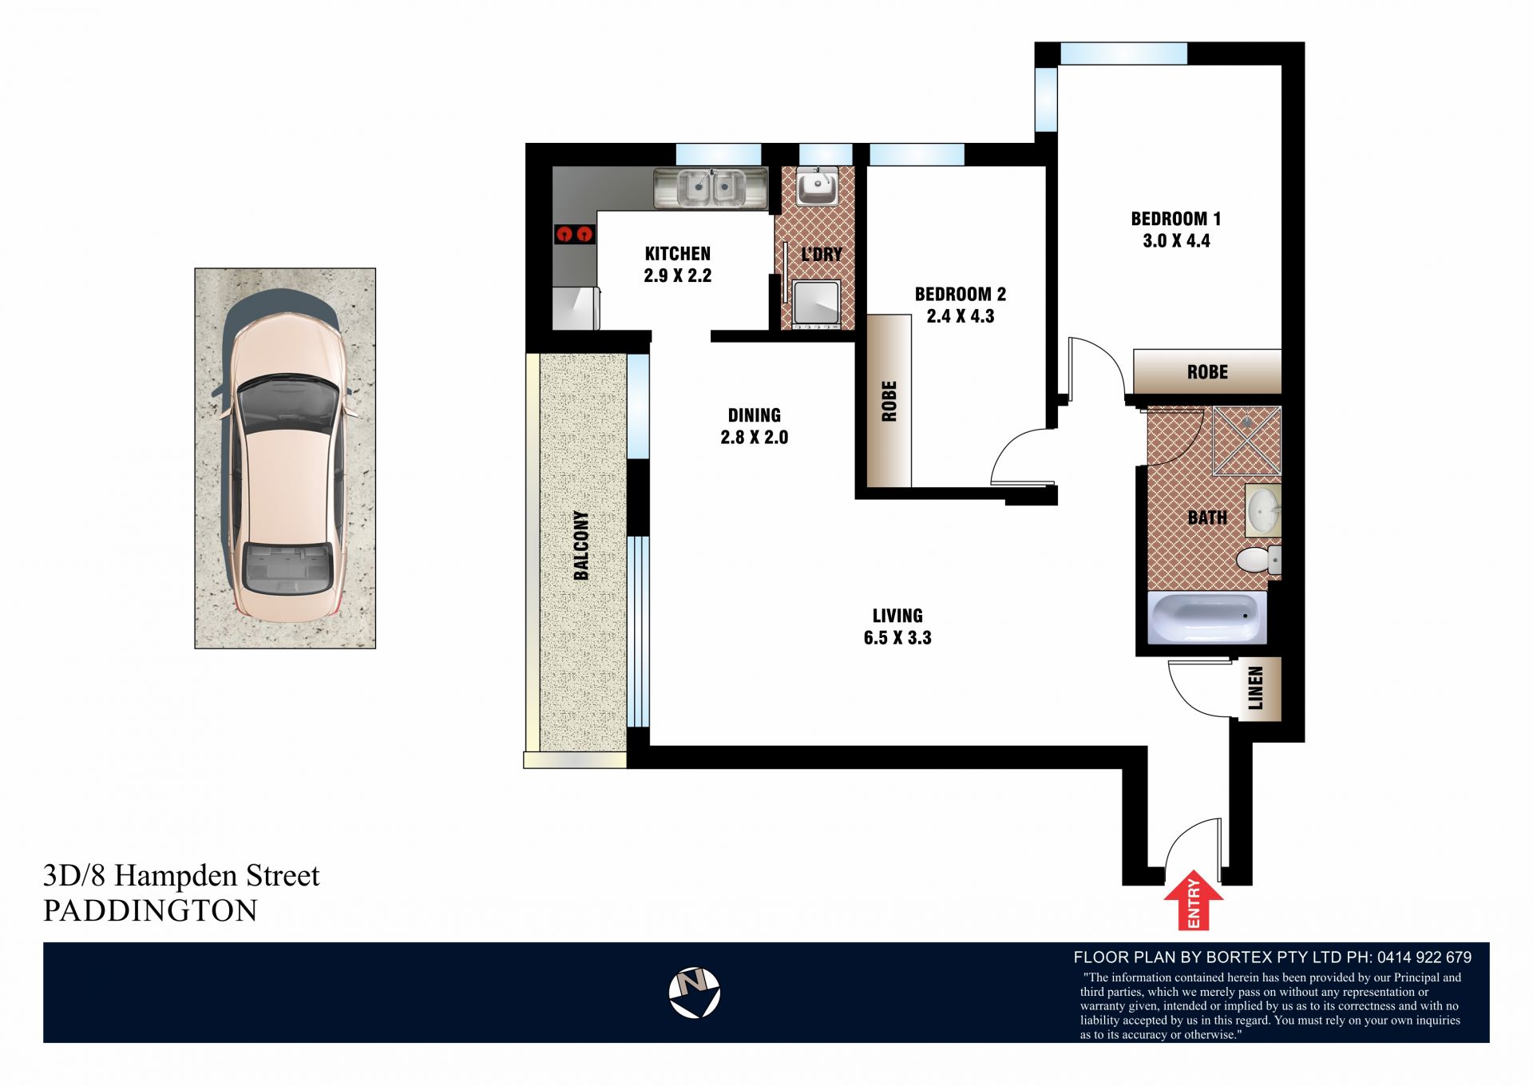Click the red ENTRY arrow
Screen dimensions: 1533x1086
point(1193,900)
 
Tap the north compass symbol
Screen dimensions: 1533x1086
point(694,993)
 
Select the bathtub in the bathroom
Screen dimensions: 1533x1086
point(1206,617)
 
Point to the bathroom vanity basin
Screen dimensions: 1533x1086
point(1263,509)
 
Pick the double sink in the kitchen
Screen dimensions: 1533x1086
point(710,188)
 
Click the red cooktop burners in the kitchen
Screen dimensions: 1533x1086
point(575,234)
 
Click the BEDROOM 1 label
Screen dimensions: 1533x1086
point(1175,218)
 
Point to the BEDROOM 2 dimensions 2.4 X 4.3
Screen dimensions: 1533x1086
point(961,316)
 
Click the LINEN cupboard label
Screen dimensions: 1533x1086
point(1256,688)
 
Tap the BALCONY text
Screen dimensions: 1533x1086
point(581,545)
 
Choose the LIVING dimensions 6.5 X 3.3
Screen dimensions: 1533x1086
point(897,638)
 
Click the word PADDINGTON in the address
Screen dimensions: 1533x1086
point(150,911)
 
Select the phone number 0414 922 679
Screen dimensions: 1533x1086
point(1424,957)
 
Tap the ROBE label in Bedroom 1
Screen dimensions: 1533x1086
point(1207,372)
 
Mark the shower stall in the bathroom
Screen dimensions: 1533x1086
point(1246,441)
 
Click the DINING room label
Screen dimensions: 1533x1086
point(755,415)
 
